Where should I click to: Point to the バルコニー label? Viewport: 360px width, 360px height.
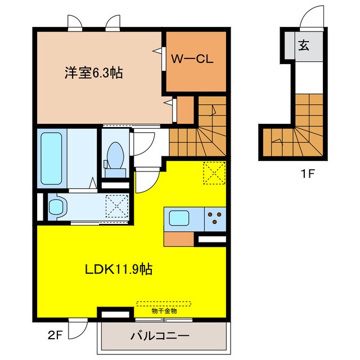(x=160, y=336)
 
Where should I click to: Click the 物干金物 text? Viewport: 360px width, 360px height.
(x=164, y=311)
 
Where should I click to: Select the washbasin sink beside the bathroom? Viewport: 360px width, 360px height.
(x=57, y=206)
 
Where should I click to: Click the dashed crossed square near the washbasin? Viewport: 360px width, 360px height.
(x=118, y=206)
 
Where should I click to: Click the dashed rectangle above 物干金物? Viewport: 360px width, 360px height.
(x=164, y=303)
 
